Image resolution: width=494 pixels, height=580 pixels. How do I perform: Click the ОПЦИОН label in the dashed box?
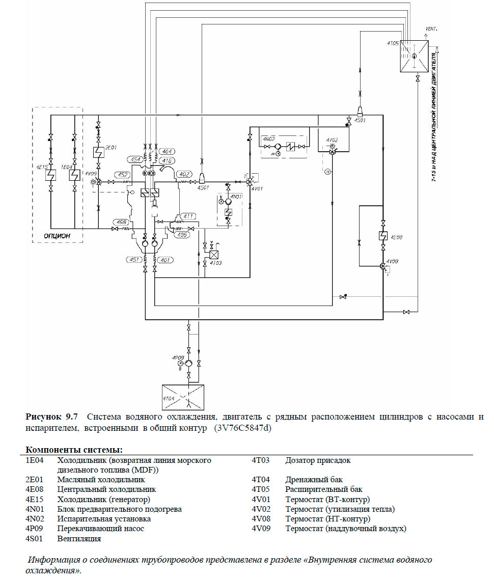click(x=57, y=236)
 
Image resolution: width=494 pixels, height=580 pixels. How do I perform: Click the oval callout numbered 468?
click(x=121, y=222)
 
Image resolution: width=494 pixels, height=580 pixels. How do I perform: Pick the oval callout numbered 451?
click(x=133, y=260)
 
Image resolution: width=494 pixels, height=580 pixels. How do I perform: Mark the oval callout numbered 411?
click(x=188, y=216)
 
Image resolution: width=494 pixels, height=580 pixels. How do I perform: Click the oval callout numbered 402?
click(x=183, y=175)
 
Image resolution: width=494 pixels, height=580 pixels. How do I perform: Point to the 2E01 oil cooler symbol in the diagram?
click(x=98, y=152)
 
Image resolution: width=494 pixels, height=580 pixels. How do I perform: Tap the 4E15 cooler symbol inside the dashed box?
click(x=51, y=176)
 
